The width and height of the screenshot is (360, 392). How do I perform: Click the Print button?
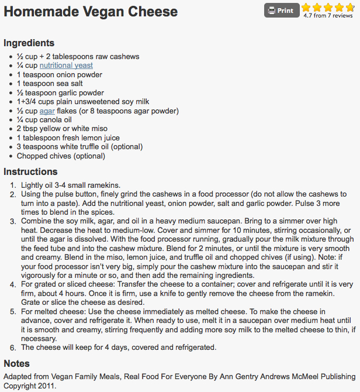[x=282, y=11]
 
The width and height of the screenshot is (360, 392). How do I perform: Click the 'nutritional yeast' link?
[x=66, y=66]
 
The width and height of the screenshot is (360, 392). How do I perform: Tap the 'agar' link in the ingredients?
[x=47, y=111]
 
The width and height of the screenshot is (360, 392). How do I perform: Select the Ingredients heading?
[x=29, y=43]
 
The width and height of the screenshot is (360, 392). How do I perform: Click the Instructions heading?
[x=30, y=171]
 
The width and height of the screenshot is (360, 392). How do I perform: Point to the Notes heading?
[x=16, y=363]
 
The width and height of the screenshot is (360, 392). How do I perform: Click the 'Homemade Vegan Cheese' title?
[x=91, y=12]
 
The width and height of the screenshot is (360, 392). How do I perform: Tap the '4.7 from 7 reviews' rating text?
[x=328, y=16]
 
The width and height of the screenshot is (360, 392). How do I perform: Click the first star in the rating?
[x=306, y=8]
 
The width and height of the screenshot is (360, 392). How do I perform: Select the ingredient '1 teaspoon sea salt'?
[x=49, y=84]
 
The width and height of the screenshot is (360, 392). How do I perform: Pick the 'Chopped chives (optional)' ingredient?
[x=61, y=156]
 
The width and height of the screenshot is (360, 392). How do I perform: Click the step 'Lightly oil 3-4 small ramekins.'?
[x=70, y=185]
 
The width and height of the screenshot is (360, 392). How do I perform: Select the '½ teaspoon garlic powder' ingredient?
[x=60, y=92]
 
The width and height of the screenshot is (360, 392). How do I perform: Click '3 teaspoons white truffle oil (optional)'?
[x=80, y=147]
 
